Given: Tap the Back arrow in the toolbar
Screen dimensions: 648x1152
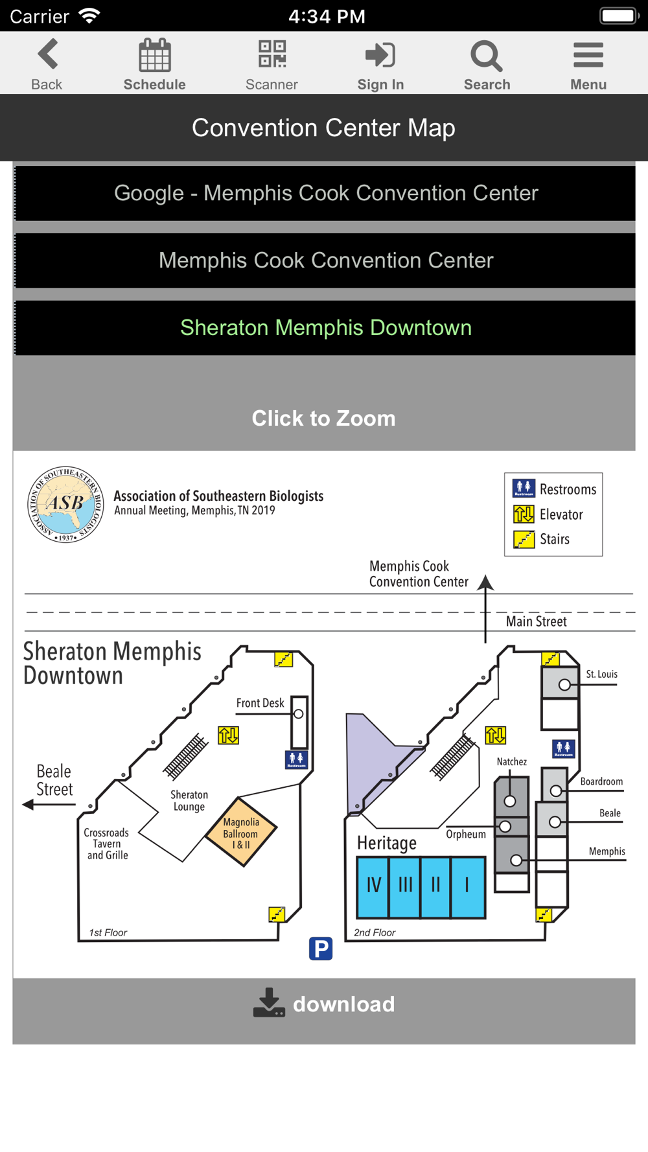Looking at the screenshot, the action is click(x=48, y=54).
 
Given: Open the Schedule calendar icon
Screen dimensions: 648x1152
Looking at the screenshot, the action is click(x=155, y=54).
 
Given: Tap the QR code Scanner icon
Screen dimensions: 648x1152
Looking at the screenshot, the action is click(x=272, y=54).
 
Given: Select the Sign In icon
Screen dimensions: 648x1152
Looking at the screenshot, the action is click(x=380, y=54).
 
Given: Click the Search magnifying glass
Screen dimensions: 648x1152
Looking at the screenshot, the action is click(x=487, y=56).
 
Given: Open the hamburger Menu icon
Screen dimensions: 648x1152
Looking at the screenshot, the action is click(x=588, y=55).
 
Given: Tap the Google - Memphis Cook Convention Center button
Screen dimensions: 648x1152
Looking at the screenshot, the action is click(x=325, y=193).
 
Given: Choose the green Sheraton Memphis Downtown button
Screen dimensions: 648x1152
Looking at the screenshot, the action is click(x=325, y=328).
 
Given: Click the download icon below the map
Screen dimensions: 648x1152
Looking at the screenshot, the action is click(x=269, y=1002).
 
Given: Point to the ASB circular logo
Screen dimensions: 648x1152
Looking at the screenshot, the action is click(x=65, y=504).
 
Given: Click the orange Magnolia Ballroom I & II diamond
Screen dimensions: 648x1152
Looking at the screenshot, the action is click(x=241, y=833).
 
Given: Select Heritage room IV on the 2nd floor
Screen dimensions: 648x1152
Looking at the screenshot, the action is click(x=373, y=886).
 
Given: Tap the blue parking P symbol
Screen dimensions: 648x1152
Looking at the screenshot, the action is click(x=321, y=949).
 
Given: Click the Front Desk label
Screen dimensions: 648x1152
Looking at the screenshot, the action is click(x=260, y=703).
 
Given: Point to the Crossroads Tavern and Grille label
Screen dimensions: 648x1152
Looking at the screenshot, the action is click(x=106, y=844).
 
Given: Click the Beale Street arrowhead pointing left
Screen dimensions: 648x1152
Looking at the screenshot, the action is click(x=28, y=805).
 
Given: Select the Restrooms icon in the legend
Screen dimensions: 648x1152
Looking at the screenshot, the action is click(x=524, y=488).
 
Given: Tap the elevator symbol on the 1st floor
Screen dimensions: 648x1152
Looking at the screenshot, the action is click(x=228, y=735).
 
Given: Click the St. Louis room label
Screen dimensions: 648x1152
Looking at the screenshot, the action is click(x=601, y=674).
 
